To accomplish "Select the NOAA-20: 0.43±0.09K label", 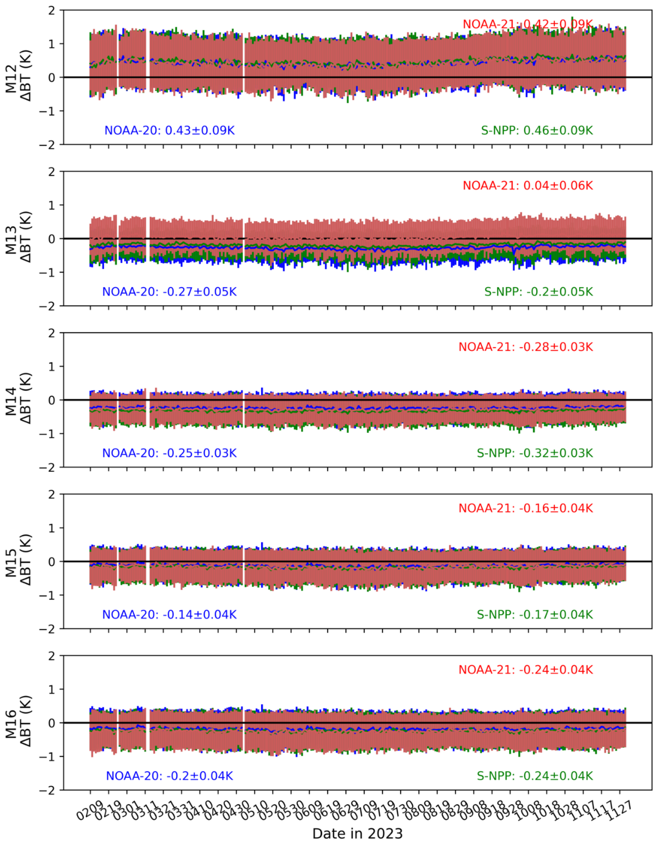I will point(170,130).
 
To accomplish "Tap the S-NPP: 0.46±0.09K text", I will point(537,130).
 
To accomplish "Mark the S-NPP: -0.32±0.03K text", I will point(535,453).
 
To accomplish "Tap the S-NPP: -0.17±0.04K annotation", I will point(535,614).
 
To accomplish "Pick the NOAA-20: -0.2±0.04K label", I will point(170,776).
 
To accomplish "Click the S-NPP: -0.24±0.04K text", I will point(535,776).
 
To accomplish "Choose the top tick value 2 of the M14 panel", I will point(51,333).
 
